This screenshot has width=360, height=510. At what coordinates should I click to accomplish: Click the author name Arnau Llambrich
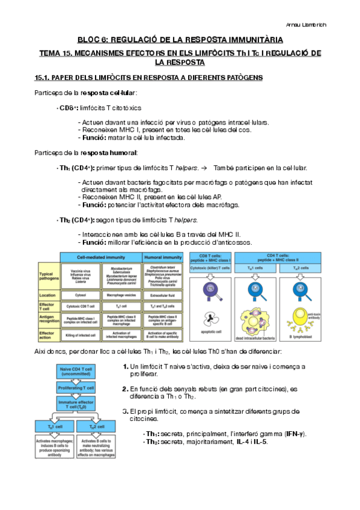(x=326, y=24)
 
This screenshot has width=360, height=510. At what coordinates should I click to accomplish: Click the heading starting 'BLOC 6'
(x=180, y=39)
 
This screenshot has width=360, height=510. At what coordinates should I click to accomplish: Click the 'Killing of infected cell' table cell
(x=81, y=334)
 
